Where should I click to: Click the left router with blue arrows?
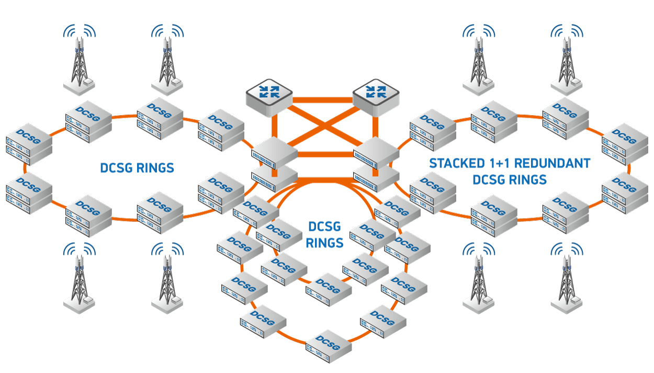[x=269, y=97]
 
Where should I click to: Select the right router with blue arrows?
[x=376, y=97]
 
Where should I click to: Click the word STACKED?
[x=457, y=163]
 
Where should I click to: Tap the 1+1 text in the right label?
[x=500, y=163]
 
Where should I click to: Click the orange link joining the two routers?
[x=323, y=100]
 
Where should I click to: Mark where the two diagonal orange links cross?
[x=324, y=127]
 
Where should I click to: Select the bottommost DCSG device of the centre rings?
[x=329, y=346]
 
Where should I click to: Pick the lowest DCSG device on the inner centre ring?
[x=329, y=289]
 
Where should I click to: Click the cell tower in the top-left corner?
[x=79, y=60]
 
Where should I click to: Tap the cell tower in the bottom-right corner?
[x=567, y=278]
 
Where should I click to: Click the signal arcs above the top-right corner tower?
[x=567, y=31]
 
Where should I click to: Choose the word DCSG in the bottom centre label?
[x=325, y=227]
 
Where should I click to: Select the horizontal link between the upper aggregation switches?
[x=325, y=154]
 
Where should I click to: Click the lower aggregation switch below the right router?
[x=376, y=177]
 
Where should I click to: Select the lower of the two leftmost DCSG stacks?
[x=29, y=193]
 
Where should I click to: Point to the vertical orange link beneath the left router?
[x=275, y=145]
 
